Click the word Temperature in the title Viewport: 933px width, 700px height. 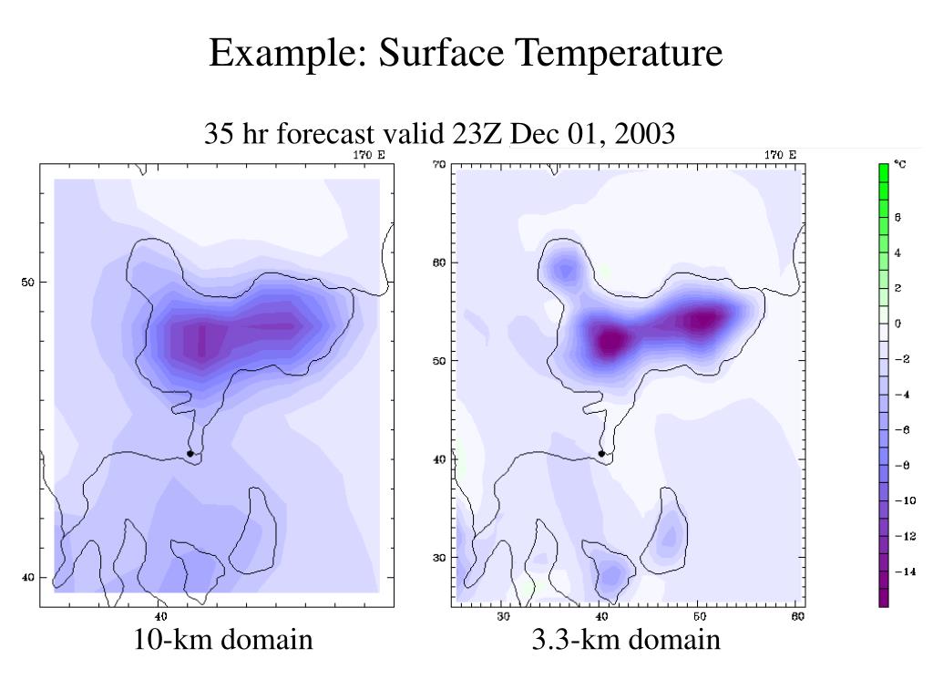tap(620, 54)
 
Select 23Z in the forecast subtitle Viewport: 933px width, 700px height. tap(479, 134)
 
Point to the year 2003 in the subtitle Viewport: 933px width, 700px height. tap(645, 134)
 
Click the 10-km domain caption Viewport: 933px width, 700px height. tap(223, 640)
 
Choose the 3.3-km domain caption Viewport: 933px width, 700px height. tap(626, 640)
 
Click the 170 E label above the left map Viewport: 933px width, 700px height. tap(368, 155)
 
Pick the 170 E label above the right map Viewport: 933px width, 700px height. tap(780, 155)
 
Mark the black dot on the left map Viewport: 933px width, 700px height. tap(190, 453)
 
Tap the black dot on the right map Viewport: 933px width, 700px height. tap(601, 453)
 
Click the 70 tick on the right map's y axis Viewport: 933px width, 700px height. tap(438, 165)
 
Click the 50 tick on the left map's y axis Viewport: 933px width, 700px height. tap(28, 282)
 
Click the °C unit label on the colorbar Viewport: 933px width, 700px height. tap(899, 164)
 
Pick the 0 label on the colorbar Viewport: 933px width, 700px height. tap(897, 324)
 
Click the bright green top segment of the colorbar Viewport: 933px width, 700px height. tap(883, 172)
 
